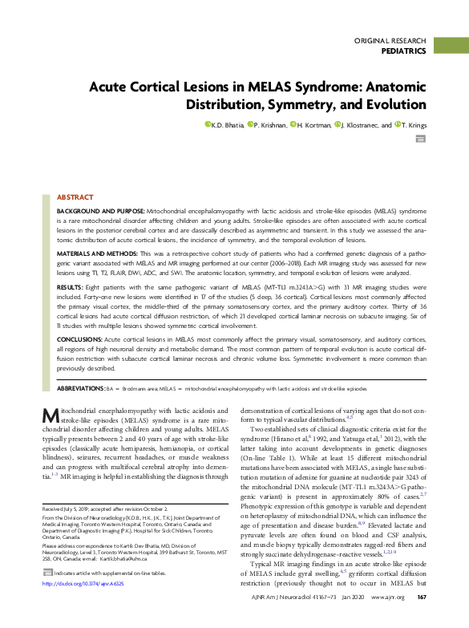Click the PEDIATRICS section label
click(402, 51)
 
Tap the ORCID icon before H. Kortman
click(293, 124)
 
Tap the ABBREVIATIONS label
click(79, 387)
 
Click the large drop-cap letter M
click(49, 416)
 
